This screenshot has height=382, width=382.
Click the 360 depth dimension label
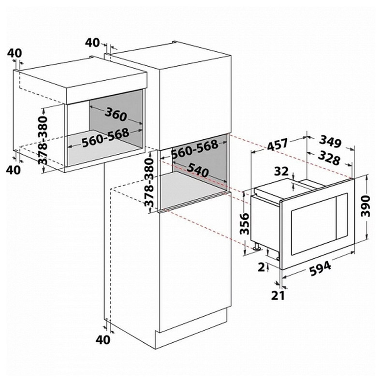(x=116, y=114)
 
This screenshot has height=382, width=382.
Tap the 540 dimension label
(x=198, y=170)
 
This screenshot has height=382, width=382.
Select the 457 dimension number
(x=278, y=145)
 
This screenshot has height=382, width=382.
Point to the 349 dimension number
(x=330, y=141)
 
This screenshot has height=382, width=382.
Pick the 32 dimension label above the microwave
(x=281, y=172)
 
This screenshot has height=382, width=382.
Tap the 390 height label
(x=366, y=206)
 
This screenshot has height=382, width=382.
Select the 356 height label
(x=245, y=224)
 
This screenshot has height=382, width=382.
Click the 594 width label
(x=321, y=268)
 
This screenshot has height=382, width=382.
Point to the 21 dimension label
(x=278, y=295)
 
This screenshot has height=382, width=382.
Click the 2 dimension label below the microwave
(x=262, y=267)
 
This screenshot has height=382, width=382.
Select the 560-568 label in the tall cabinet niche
(x=195, y=149)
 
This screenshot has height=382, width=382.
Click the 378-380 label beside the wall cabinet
(x=43, y=140)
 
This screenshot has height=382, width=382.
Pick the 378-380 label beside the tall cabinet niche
(x=149, y=182)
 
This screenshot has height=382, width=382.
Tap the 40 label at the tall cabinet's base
(x=103, y=339)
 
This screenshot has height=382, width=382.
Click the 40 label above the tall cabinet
(x=92, y=43)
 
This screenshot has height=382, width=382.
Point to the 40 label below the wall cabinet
(x=14, y=170)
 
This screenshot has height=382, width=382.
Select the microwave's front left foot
(x=257, y=246)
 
